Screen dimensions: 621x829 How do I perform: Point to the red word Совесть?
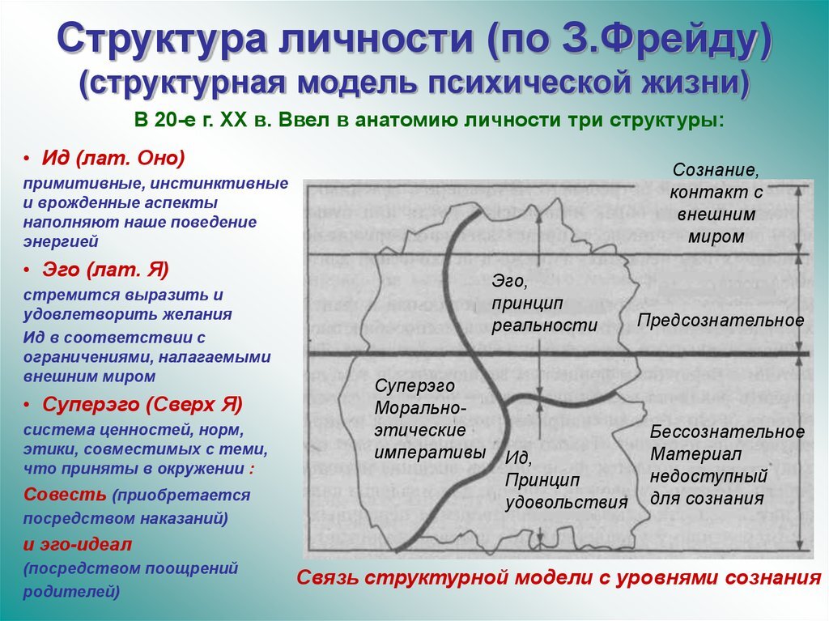[x=66, y=494]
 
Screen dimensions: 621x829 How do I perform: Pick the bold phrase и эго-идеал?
[x=78, y=543]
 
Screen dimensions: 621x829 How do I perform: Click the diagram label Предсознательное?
[x=721, y=320]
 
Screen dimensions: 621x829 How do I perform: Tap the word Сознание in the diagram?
[x=716, y=172]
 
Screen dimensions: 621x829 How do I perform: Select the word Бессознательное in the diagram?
[x=727, y=432]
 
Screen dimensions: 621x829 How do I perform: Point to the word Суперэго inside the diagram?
[x=414, y=386]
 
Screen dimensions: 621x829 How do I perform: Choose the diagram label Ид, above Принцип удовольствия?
[x=518, y=458]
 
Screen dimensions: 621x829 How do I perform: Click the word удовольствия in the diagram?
[x=567, y=502]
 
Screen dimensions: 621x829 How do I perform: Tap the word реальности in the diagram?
[x=545, y=325]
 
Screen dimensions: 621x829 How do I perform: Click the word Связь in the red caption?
[x=327, y=578]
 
